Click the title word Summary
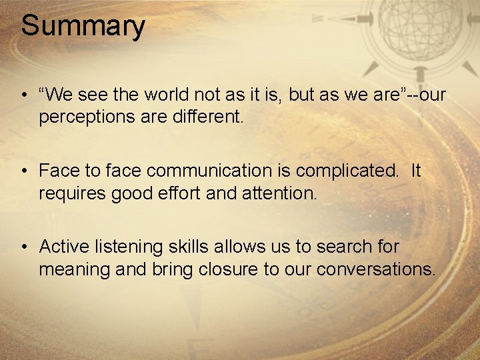coord(83,27)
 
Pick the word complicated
coord(347,171)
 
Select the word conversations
coord(377,269)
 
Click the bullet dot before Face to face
coord(24,171)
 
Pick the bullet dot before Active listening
coord(24,247)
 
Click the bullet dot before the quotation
coord(24,95)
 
